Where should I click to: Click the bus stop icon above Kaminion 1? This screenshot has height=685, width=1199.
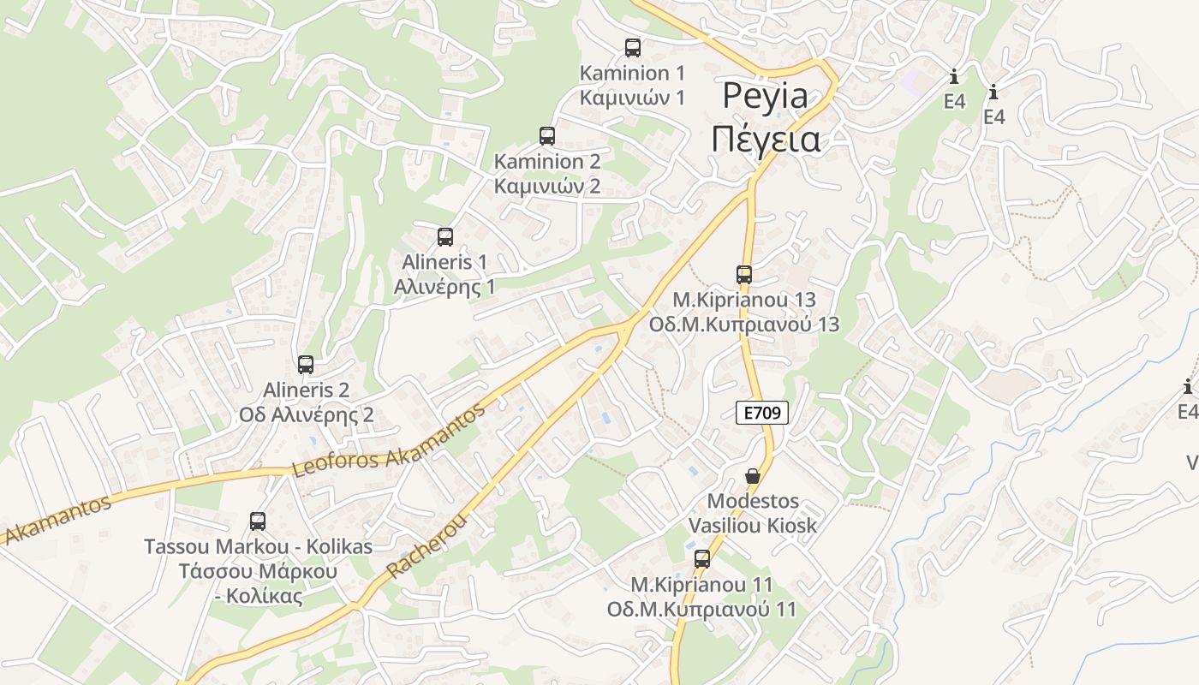click(633, 48)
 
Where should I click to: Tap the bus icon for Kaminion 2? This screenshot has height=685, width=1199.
click(547, 136)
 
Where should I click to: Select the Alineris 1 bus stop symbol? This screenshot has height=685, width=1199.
click(445, 237)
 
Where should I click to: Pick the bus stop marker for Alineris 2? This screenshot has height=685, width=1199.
click(306, 365)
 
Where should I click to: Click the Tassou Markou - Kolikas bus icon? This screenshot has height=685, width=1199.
click(258, 521)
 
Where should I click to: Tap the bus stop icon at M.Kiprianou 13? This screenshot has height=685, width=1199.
click(744, 275)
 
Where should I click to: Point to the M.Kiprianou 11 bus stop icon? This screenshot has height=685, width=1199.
click(702, 559)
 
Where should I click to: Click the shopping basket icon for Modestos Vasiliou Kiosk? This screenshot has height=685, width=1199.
click(753, 476)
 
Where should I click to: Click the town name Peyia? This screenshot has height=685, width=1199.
click(765, 96)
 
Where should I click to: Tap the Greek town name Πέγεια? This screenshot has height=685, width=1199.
click(766, 140)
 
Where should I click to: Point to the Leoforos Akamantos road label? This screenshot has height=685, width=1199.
click(389, 440)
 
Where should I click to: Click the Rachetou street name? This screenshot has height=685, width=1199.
click(428, 545)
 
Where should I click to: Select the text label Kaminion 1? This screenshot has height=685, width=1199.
click(632, 73)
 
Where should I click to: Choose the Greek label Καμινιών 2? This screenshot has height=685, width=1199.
click(547, 186)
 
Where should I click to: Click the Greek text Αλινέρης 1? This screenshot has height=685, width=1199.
click(444, 286)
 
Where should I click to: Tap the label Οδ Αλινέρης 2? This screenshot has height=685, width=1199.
click(307, 415)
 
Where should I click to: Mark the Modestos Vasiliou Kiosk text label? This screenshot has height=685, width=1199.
click(753, 513)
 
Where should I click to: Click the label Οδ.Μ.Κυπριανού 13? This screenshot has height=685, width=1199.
click(744, 325)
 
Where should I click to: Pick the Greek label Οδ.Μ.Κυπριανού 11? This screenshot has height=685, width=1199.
click(701, 610)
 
